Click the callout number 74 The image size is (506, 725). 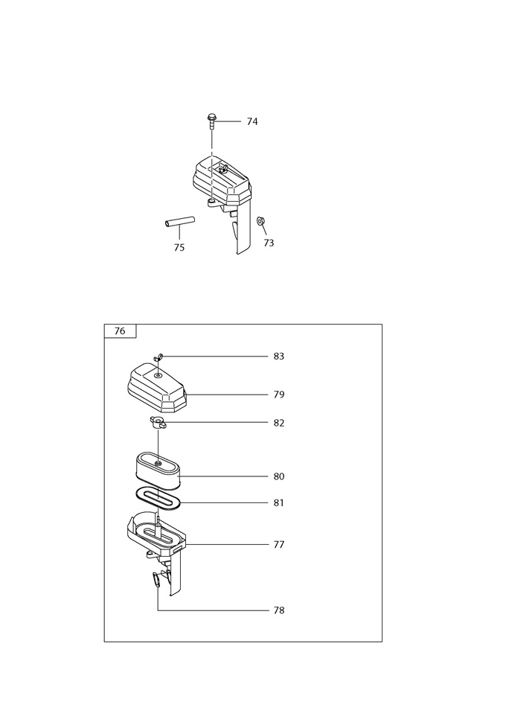(252, 121)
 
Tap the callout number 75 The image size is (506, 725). (179, 248)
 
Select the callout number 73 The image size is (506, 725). (269, 243)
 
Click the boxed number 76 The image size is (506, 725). (120, 331)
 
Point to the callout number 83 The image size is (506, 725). (278, 357)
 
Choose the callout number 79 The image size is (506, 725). (278, 395)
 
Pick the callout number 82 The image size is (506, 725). (278, 423)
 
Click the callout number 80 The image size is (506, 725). (278, 476)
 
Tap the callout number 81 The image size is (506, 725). (278, 503)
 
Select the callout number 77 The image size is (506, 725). (278, 545)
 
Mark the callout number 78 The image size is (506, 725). (278, 611)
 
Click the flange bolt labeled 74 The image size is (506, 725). (211, 121)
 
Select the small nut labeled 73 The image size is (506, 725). (260, 220)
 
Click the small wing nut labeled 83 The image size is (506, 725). (158, 357)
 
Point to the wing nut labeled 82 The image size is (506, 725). (158, 422)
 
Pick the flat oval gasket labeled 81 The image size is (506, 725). (158, 499)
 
